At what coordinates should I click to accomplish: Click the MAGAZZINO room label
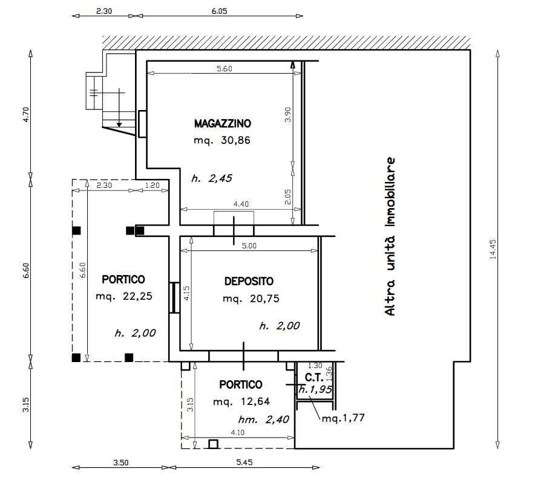(x=223, y=123)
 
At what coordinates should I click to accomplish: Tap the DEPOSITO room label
(x=249, y=282)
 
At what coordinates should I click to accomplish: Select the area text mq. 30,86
(x=222, y=140)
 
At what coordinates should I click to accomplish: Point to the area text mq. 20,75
(x=251, y=299)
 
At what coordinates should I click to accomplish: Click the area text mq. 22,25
(x=124, y=296)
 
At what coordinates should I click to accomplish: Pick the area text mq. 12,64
(x=241, y=402)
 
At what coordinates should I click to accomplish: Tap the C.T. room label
(x=314, y=378)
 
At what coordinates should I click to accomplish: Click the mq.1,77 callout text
(x=343, y=418)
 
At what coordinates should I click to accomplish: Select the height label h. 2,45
(x=212, y=178)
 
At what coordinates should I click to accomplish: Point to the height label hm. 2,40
(x=263, y=419)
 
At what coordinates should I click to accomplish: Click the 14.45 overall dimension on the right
(x=493, y=250)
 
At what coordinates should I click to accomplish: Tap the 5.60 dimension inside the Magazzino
(x=224, y=69)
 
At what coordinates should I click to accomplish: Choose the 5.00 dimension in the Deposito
(x=249, y=246)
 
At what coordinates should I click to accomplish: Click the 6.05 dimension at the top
(x=219, y=11)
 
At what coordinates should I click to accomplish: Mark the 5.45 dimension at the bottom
(x=245, y=462)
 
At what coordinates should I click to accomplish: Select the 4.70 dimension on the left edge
(x=26, y=115)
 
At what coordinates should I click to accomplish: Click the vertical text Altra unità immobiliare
(x=390, y=236)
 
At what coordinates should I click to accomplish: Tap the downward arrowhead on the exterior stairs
(x=119, y=125)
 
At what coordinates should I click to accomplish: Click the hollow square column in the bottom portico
(x=213, y=444)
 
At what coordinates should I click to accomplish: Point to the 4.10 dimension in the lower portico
(x=237, y=433)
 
